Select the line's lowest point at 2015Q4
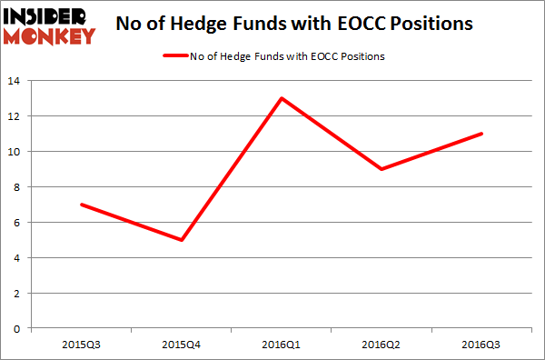coord(183,240)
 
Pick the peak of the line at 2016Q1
coord(283,98)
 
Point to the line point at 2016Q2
coord(382,169)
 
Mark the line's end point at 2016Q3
coord(482,134)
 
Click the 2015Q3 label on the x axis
coord(83,345)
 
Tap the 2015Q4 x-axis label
coord(183,345)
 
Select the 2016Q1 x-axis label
coord(282,345)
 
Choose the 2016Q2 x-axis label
coord(382,345)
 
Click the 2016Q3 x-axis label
coord(482,345)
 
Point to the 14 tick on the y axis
coord(15,81)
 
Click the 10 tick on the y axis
coord(15,152)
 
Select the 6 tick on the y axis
coord(18,223)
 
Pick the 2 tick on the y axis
coord(18,294)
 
